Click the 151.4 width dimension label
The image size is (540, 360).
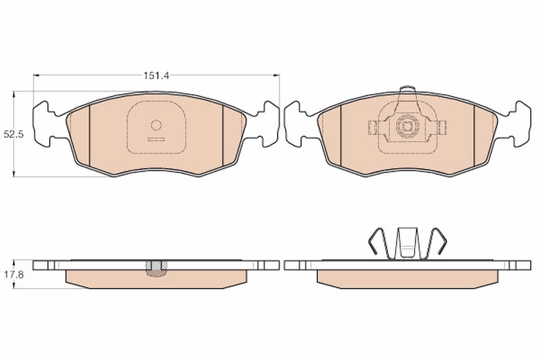[156, 76]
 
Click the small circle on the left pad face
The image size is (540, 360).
[156, 125]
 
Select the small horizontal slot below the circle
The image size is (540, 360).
[156, 139]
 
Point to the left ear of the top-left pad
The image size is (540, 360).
[43, 124]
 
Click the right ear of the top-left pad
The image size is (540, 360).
[269, 124]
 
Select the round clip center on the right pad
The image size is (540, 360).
[407, 126]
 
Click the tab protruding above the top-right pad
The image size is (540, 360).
[407, 90]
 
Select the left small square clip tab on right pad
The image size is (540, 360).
[373, 127]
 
